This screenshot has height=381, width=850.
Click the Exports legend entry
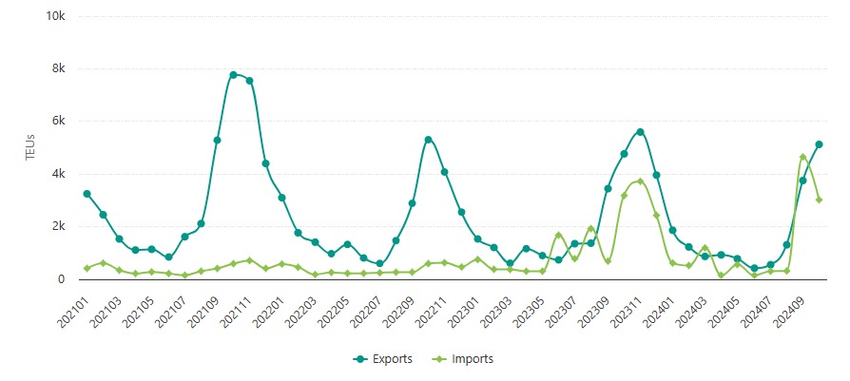(384, 359)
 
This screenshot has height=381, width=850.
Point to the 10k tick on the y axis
(55, 17)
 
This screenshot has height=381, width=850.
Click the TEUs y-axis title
(29, 147)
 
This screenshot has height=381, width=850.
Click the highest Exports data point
(233, 74)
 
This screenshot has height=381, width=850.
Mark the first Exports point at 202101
(87, 194)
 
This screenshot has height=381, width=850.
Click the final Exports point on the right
(819, 144)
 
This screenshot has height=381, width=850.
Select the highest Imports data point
(802, 158)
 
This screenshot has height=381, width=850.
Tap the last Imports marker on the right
(819, 200)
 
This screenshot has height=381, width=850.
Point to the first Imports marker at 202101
(87, 268)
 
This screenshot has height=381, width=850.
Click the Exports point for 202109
(217, 141)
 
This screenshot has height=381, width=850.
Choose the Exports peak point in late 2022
(428, 140)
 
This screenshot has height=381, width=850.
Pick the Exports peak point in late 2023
(640, 132)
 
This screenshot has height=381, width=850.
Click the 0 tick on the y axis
(62, 278)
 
